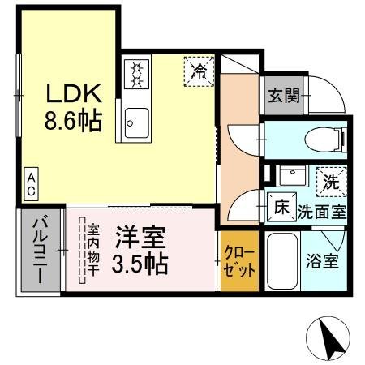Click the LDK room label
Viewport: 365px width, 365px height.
(x=74, y=93)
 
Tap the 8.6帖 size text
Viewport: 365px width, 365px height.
(x=73, y=121)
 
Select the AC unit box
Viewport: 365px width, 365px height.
(x=31, y=184)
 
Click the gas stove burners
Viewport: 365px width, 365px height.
(x=136, y=74)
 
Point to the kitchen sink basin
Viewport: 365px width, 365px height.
(x=137, y=123)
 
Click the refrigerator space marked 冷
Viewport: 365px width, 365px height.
(x=199, y=71)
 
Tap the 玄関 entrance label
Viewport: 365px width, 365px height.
(x=284, y=96)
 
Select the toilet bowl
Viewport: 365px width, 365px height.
(x=325, y=140)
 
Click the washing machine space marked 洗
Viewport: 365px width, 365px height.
(x=332, y=182)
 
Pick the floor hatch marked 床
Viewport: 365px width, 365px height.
(x=281, y=208)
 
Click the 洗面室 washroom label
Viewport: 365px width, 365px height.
(x=322, y=213)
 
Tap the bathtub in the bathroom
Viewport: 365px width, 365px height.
(x=282, y=261)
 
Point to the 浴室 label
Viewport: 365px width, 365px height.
(x=322, y=261)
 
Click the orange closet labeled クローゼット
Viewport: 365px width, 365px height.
(x=239, y=261)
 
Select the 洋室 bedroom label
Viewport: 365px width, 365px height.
(x=140, y=238)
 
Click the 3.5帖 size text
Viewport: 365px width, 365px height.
(x=140, y=264)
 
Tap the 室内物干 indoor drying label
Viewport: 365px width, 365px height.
(x=92, y=250)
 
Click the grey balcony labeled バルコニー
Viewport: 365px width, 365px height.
(x=41, y=250)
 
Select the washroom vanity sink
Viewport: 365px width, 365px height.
(x=292, y=175)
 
